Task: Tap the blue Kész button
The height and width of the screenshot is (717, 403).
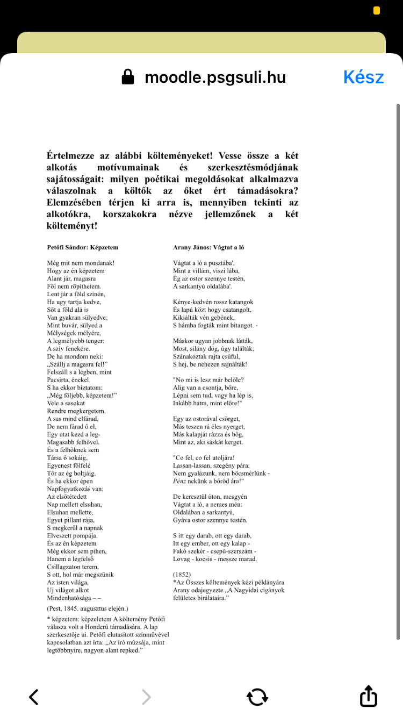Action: pyautogui.click(x=364, y=77)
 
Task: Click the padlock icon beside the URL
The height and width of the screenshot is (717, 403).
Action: pyautogui.click(x=128, y=77)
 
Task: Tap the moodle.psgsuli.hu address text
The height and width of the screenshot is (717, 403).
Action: pyautogui.click(x=215, y=77)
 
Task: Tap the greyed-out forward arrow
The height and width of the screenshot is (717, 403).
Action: pyautogui.click(x=146, y=697)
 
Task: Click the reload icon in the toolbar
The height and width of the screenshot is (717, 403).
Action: pyautogui.click(x=257, y=697)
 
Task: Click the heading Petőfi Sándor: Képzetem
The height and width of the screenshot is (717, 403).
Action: pyautogui.click(x=83, y=248)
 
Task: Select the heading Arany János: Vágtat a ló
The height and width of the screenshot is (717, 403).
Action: pyautogui.click(x=208, y=248)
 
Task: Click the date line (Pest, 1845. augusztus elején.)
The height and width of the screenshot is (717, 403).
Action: pyautogui.click(x=88, y=609)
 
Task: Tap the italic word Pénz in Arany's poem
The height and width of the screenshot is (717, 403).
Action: pyautogui.click(x=180, y=481)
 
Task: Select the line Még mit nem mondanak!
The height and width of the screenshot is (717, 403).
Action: pyautogui.click(x=81, y=263)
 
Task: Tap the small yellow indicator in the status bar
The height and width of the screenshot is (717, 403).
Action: pyautogui.click(x=377, y=11)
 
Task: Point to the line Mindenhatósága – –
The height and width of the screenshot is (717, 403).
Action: pyautogui.click(x=74, y=598)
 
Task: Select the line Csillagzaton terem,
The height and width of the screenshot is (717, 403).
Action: pyautogui.click(x=73, y=567)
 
